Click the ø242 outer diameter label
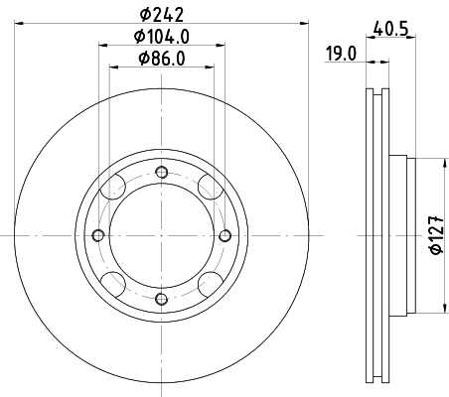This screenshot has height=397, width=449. tap(161, 14)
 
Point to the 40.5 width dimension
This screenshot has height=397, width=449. tap(391, 29)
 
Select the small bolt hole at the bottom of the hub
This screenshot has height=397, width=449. tap(161, 299)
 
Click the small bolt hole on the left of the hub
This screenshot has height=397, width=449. tap(97, 235)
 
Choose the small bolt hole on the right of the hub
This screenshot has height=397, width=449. tap(224, 235)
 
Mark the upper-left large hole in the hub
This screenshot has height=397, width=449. tap(115, 189)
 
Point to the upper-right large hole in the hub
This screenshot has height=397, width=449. tap(207, 189)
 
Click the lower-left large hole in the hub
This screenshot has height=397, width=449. tap(115, 282)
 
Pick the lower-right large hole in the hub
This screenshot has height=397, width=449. tap(207, 282)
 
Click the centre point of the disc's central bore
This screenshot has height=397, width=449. tap(161, 235)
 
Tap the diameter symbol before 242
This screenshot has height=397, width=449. tap(145, 14)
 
